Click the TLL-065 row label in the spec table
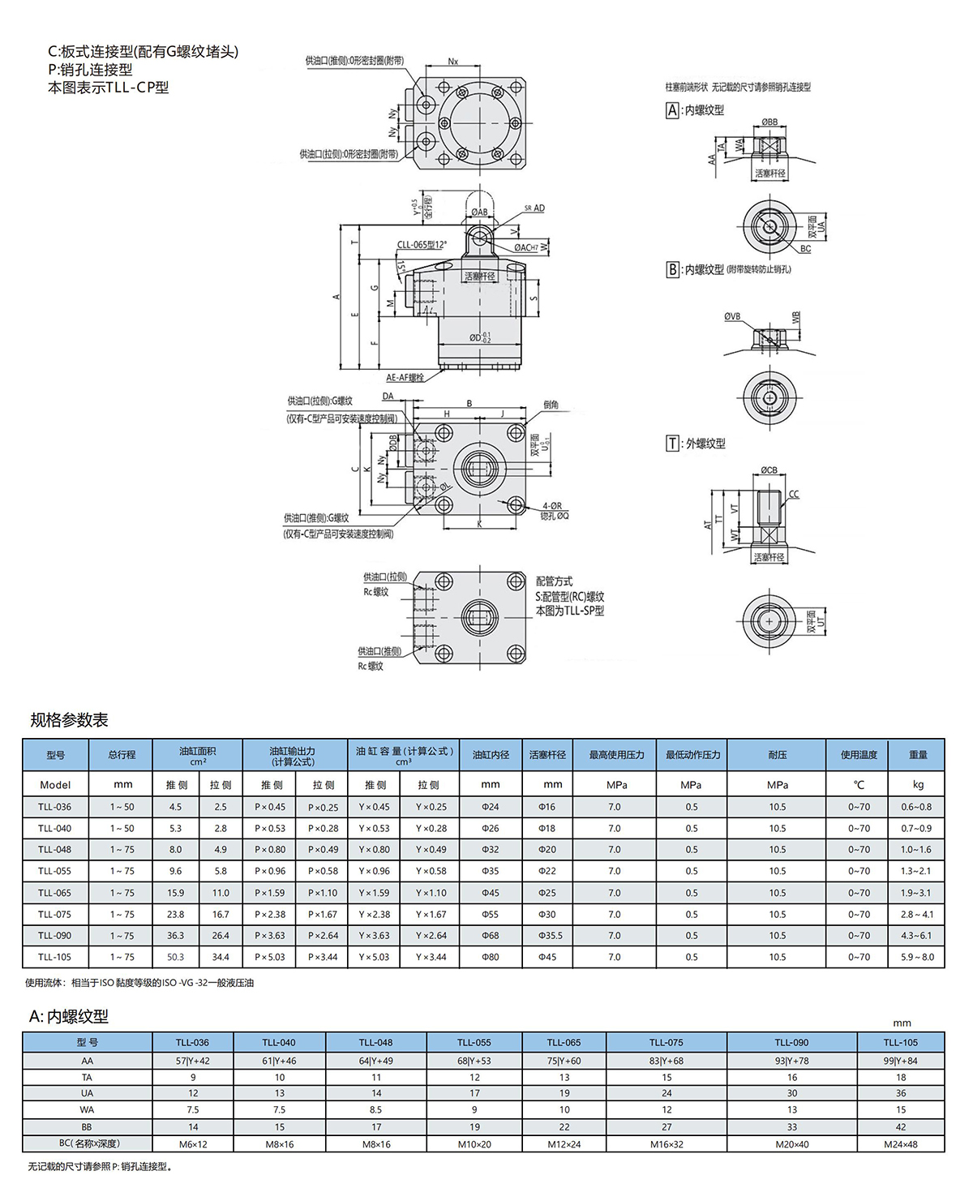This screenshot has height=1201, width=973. [54, 893]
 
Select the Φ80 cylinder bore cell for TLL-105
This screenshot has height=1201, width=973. [491, 957]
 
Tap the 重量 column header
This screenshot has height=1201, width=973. [917, 755]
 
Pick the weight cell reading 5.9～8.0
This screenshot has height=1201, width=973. [917, 957]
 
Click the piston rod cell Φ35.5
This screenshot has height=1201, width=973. [552, 936]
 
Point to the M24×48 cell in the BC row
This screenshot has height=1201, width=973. [900, 1144]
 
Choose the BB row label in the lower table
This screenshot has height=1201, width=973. [87, 1127]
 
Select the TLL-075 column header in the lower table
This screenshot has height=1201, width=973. [666, 1042]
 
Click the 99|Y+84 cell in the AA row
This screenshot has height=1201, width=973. [900, 1061]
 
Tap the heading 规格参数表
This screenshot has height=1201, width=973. [69, 720]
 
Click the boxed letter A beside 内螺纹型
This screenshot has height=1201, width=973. [672, 110]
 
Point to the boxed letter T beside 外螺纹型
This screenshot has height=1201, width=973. [672, 444]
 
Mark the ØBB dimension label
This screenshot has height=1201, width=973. [769, 122]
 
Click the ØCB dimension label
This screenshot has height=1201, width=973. [769, 470]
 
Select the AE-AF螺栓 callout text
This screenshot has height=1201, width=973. [405, 378]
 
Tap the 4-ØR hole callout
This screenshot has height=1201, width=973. [551, 506]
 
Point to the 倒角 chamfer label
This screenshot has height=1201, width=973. [551, 405]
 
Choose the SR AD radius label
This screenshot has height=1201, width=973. [534, 208]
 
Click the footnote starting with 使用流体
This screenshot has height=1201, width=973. [139, 983]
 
